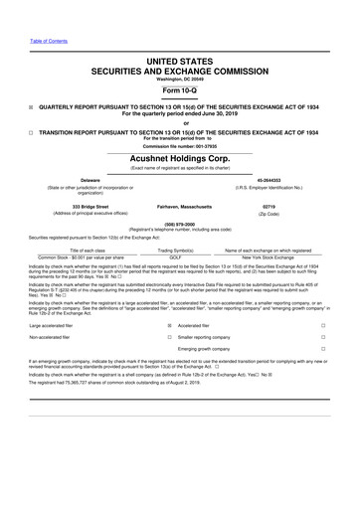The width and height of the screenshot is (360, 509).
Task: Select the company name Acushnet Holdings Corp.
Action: (x=179, y=157)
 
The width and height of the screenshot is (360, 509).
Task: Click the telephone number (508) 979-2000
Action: (x=179, y=224)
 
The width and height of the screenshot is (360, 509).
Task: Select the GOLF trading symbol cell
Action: (x=180, y=256)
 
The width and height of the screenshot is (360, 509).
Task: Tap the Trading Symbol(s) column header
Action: (x=180, y=249)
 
